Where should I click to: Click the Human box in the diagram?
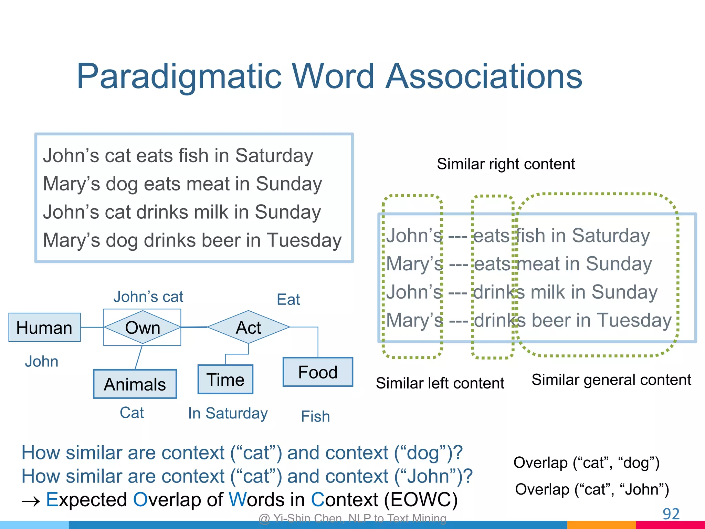point(44,328)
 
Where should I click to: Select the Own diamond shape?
point(142,328)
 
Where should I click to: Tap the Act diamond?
point(248,327)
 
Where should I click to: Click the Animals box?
point(135,384)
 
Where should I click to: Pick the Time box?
point(225,380)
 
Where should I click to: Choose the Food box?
point(317,372)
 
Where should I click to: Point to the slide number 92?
point(671,514)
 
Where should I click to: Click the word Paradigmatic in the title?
point(179,76)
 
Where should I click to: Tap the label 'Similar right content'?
point(506,164)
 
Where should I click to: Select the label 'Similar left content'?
point(440,383)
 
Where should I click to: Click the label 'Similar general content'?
point(611,380)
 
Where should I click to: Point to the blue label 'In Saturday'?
point(228,413)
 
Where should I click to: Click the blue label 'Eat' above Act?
point(288,299)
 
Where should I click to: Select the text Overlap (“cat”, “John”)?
point(592,489)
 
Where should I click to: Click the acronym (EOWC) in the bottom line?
point(420,499)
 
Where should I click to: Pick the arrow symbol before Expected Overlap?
point(31,501)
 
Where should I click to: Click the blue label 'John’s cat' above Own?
point(148,297)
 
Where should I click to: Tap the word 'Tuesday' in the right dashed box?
point(634,320)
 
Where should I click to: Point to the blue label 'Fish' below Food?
point(315,416)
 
